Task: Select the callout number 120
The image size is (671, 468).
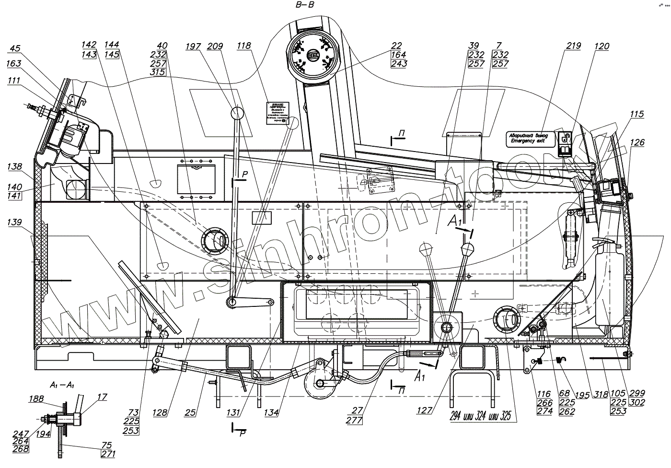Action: (602, 47)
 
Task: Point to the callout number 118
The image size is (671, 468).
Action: (243, 46)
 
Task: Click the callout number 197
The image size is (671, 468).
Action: (194, 46)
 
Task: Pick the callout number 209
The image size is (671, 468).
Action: (215, 46)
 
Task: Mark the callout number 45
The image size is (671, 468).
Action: (15, 48)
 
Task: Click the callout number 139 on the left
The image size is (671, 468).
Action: (15, 222)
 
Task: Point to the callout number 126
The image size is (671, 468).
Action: (637, 142)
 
